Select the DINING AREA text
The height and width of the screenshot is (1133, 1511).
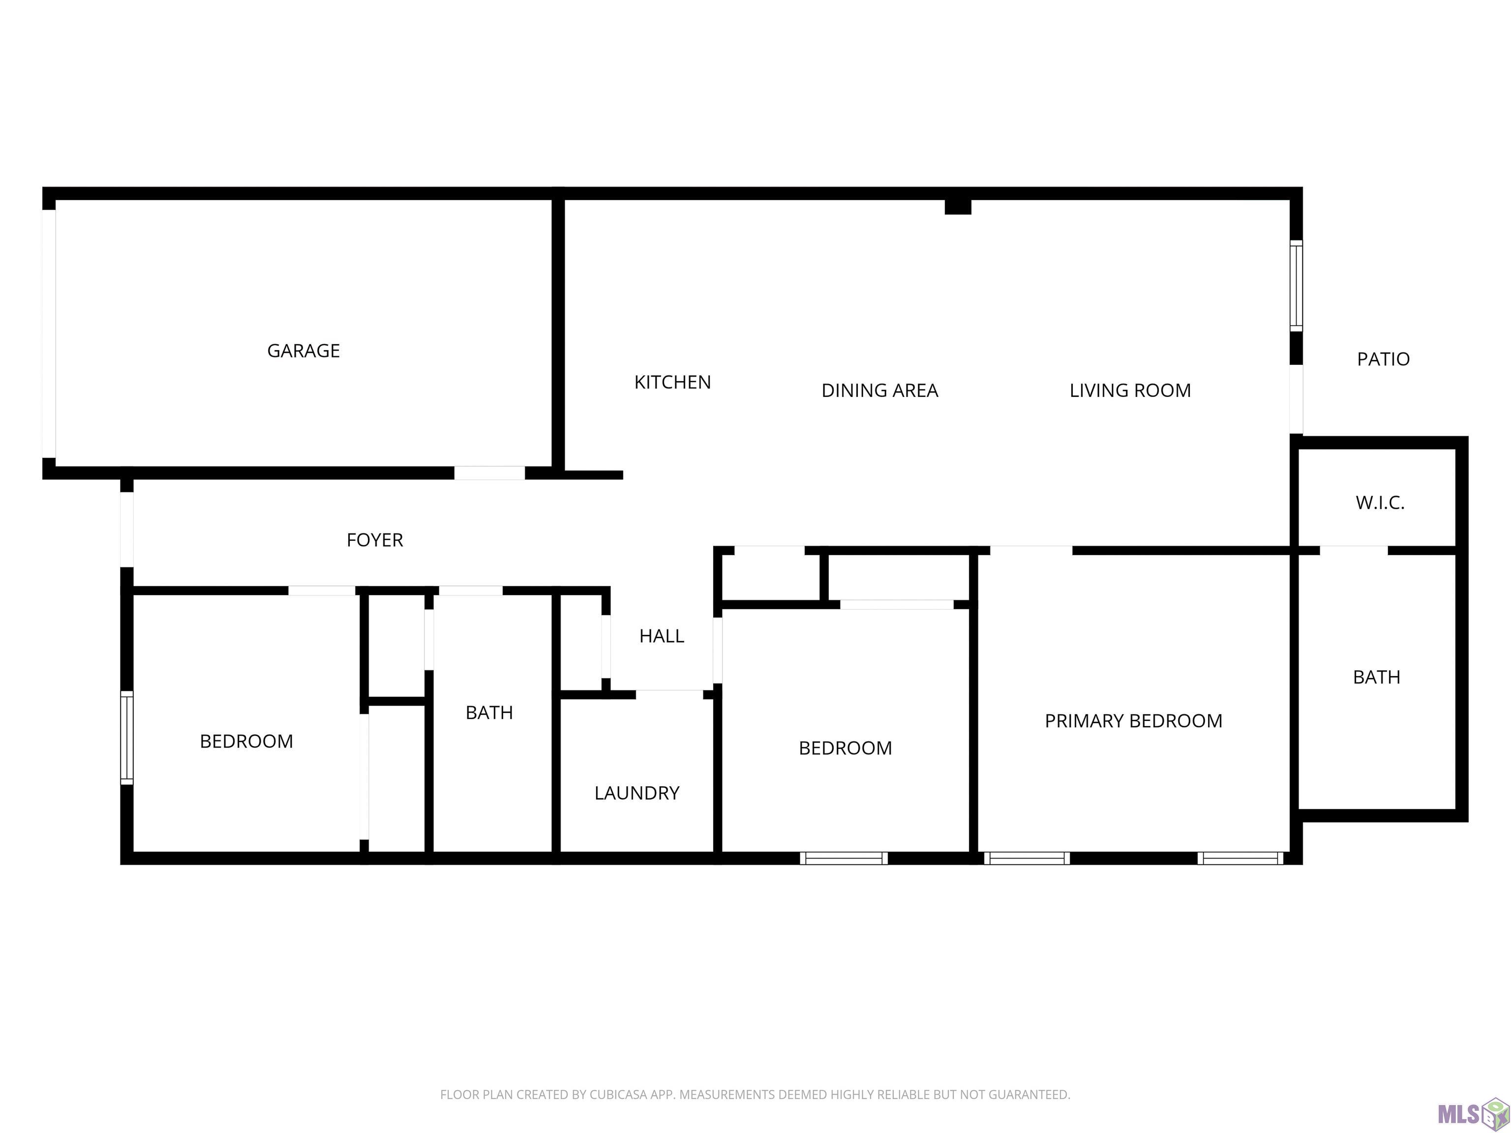[880, 390]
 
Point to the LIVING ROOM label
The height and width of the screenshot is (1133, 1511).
[1130, 390]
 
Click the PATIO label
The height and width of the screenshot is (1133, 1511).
[1383, 359]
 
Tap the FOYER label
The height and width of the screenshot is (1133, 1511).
[375, 540]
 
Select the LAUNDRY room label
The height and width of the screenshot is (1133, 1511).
[636, 793]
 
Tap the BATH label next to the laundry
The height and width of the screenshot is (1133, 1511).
[489, 713]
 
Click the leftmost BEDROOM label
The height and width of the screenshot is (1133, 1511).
[246, 742]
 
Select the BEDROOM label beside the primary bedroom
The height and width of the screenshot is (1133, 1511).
[846, 748]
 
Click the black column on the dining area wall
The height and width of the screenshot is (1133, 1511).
[958, 206]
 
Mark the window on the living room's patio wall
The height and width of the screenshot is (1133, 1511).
[1296, 286]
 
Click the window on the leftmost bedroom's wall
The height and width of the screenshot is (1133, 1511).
[126, 738]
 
